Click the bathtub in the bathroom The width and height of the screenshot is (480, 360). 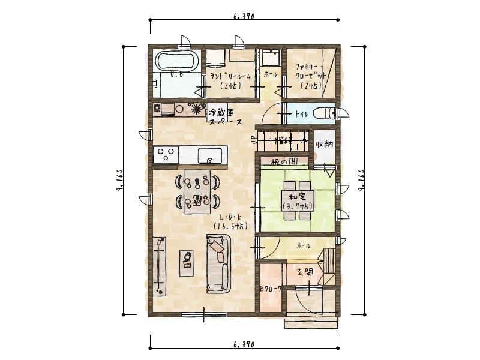(176, 61)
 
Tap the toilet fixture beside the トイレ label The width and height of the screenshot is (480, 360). (329, 113)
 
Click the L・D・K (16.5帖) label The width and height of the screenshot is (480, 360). (230, 221)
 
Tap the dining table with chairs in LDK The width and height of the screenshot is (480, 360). (197, 190)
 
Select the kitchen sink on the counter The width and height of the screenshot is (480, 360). (209, 155)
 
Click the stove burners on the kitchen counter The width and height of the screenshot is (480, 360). (166, 154)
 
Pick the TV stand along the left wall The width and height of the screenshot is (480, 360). (159, 265)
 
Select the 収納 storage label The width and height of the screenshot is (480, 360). (325, 144)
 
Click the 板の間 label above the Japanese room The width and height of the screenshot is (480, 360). (284, 161)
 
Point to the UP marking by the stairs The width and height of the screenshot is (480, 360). (253, 141)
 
